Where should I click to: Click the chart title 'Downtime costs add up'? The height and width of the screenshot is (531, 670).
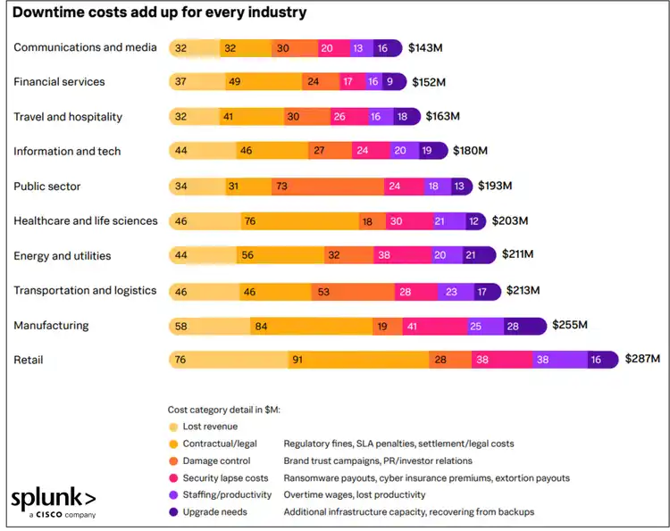159,12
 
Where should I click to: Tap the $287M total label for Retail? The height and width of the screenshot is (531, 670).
641,359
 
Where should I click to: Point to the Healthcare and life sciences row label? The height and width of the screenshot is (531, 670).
86,220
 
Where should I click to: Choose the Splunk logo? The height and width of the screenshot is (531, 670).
53,502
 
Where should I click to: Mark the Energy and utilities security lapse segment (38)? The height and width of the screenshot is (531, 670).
384,255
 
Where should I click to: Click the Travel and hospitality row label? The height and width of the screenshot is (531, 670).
68,116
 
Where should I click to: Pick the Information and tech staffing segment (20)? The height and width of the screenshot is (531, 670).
400,151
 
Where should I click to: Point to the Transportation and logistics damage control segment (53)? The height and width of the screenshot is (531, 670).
348,291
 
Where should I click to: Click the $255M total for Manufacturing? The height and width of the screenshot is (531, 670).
570,325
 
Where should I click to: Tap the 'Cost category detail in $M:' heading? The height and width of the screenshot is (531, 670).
224,410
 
